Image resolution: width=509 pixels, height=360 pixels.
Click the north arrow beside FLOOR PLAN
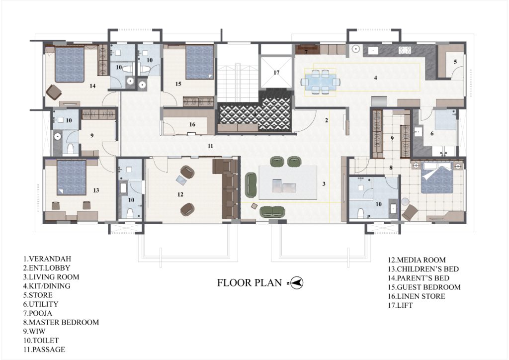[x=297, y=283]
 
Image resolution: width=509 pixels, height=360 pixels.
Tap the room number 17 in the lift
[x=276, y=73]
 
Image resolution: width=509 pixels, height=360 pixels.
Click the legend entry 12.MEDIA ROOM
[x=417, y=260]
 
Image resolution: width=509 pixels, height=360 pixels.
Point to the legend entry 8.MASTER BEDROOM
[x=61, y=322]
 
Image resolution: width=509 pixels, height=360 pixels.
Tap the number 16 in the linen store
[x=192, y=124]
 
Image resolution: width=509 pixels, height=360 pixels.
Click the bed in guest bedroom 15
[x=199, y=62]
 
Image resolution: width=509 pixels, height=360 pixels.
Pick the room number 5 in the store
[x=455, y=61]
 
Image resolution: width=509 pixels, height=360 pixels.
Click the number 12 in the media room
[x=180, y=194]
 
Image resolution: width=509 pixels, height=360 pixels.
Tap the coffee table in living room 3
[x=288, y=182]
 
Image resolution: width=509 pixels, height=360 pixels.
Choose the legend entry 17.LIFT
[x=400, y=305]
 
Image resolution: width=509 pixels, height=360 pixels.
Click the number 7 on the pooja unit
[x=306, y=52]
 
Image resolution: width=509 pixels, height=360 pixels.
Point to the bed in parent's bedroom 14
[x=70, y=65]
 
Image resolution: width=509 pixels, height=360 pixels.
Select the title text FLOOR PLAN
[x=250, y=282]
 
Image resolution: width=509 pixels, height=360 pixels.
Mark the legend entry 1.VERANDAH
[x=47, y=259]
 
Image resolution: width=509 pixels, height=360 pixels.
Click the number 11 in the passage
[x=210, y=146]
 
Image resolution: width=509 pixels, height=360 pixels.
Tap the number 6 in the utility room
[x=432, y=133]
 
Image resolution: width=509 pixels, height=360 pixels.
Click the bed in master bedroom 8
[x=437, y=177]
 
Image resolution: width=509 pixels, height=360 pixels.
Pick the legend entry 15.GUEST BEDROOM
[x=424, y=287]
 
